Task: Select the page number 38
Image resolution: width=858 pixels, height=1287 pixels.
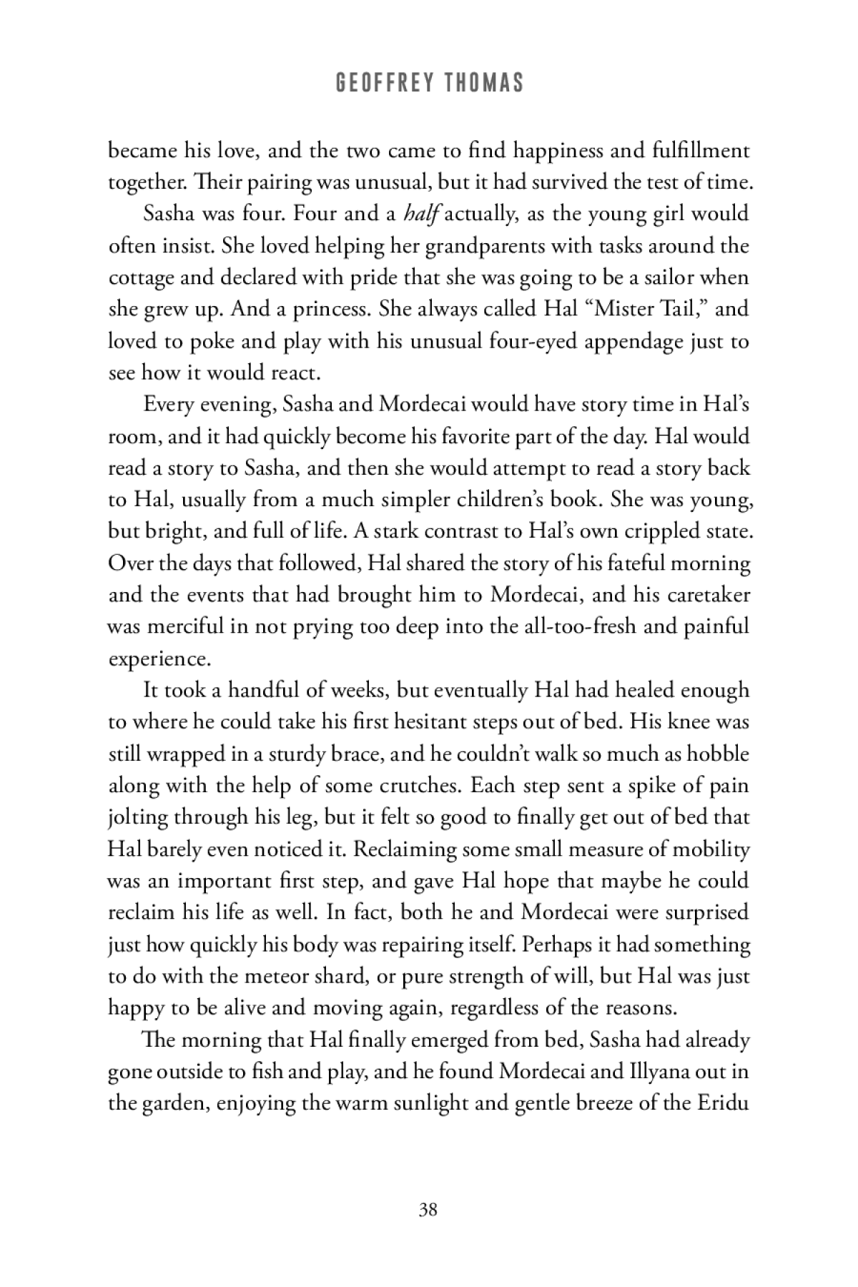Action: point(428,1210)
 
